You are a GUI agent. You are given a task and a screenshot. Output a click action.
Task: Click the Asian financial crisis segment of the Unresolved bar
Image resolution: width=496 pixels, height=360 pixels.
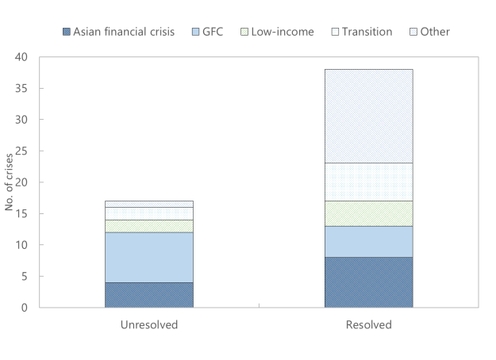tap(149, 295)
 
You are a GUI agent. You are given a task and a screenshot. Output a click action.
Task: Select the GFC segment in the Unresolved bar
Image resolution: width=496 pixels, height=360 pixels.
tap(149, 258)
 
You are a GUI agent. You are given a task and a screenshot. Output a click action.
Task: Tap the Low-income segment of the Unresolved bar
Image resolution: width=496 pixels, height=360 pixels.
tap(149, 226)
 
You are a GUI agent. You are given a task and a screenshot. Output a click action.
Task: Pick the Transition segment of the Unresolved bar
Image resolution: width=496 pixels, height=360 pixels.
tap(149, 213)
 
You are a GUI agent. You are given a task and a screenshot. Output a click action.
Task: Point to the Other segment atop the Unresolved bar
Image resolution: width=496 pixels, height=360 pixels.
tap(149, 204)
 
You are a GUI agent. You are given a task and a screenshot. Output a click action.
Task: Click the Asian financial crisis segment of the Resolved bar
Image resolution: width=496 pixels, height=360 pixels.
tap(369, 282)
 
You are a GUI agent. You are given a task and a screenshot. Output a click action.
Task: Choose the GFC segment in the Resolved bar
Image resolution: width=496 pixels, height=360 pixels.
tap(369, 242)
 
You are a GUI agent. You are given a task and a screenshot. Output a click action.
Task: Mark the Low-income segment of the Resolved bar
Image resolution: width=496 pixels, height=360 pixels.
tap(369, 213)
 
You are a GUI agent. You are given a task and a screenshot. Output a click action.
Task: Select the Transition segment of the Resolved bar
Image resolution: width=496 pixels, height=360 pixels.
tap(369, 182)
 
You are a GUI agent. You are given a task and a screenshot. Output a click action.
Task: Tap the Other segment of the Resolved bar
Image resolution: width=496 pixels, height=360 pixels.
tap(369, 117)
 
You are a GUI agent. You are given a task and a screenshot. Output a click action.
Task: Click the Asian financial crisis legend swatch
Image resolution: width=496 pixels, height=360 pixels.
tap(67, 32)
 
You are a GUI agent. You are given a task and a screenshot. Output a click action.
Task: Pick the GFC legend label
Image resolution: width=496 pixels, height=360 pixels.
tap(213, 32)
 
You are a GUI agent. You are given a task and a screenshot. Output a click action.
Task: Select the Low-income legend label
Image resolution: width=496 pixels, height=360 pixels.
tap(283, 32)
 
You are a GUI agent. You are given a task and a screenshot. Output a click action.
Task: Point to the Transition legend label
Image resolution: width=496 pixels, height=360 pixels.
tap(367, 32)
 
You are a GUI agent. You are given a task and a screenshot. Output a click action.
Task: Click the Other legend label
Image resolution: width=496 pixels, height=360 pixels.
tap(435, 32)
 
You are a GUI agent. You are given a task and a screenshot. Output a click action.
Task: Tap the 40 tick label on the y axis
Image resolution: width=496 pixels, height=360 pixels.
tap(21, 57)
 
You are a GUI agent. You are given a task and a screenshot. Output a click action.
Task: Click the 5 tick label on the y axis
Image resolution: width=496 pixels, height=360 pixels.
tap(25, 277)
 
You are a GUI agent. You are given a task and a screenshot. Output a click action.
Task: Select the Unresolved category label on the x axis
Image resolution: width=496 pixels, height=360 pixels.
tap(149, 325)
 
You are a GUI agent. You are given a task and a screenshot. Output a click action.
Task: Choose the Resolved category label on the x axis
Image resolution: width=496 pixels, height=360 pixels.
tap(369, 325)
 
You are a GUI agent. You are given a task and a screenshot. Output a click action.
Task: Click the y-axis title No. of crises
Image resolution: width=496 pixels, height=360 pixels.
tap(9, 182)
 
